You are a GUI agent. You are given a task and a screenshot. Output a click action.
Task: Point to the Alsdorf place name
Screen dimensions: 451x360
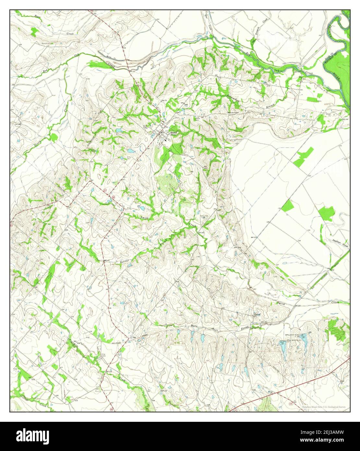tap(258, 314)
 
